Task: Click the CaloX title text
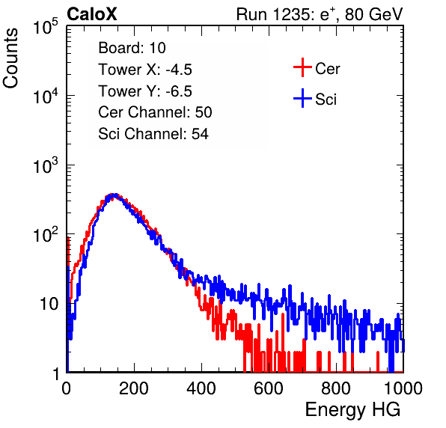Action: click(x=92, y=14)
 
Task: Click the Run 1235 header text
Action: click(x=320, y=14)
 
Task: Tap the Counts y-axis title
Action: click(x=10, y=58)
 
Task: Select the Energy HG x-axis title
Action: click(x=352, y=410)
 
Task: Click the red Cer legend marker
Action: click(x=302, y=67)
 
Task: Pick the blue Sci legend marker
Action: click(x=302, y=98)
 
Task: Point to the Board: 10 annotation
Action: click(x=132, y=48)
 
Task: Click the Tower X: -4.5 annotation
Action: click(x=145, y=70)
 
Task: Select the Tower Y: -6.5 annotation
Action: click(x=145, y=91)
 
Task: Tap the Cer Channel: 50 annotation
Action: click(x=155, y=112)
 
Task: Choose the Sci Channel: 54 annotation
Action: click(x=153, y=134)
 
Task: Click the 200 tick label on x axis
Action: click(x=134, y=388)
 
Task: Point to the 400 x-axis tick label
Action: click(x=201, y=388)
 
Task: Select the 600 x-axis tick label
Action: click(x=269, y=388)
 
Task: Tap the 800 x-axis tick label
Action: click(x=336, y=388)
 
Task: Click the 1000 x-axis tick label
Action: click(x=403, y=388)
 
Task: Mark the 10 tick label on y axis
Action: click(x=49, y=304)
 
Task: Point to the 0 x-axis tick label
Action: click(x=66, y=388)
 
